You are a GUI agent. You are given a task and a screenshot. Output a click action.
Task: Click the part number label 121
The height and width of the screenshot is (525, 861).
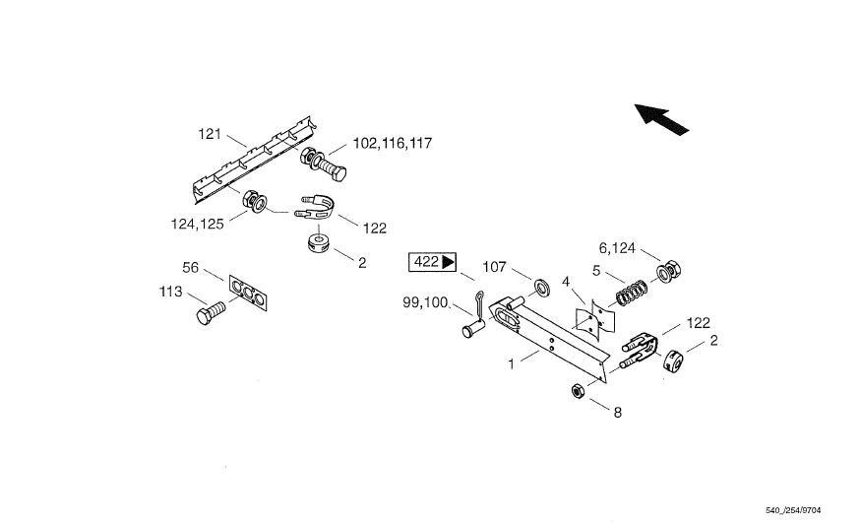[x=212, y=134]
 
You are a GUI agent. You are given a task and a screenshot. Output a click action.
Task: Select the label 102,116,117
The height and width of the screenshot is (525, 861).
[x=392, y=144]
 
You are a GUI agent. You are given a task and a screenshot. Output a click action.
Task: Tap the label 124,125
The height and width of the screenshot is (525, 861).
[x=197, y=224]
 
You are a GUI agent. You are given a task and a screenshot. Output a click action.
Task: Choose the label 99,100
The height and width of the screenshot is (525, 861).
[x=425, y=302]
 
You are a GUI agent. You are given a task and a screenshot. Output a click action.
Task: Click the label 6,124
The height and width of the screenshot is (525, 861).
[x=622, y=247]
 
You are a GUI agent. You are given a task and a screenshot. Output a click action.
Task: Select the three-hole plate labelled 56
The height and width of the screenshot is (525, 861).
[x=248, y=294]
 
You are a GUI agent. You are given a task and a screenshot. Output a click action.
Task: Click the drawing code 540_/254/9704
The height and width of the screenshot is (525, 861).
[x=793, y=511]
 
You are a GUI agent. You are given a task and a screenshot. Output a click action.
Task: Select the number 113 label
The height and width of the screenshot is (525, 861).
[x=172, y=292]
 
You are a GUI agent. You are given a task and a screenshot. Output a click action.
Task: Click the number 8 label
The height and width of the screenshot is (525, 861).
[x=618, y=414]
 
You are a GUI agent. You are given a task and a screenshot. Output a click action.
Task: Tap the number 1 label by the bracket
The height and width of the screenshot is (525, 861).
[x=511, y=364]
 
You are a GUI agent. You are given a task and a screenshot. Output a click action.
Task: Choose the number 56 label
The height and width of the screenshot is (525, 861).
[x=191, y=268]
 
